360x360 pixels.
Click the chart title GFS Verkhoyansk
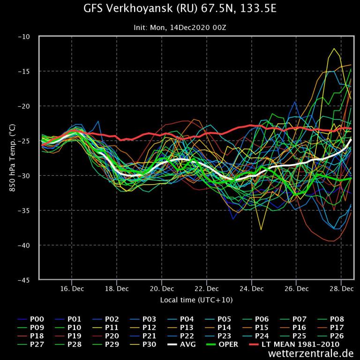pos(180,9)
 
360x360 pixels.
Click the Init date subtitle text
pos(180,28)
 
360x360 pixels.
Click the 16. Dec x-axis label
pos(72,288)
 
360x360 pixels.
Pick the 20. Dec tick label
pos(162,288)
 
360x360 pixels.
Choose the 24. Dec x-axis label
pos(252,288)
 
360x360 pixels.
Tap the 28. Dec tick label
pos(342,288)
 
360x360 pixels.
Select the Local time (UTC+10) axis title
pos(196,300)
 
